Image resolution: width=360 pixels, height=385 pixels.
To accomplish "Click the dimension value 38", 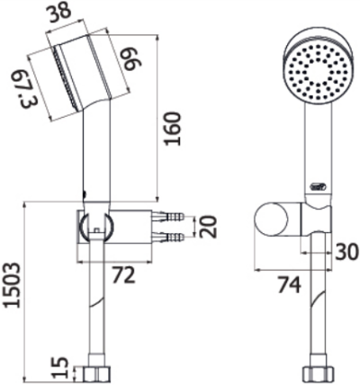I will tap(59, 12).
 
